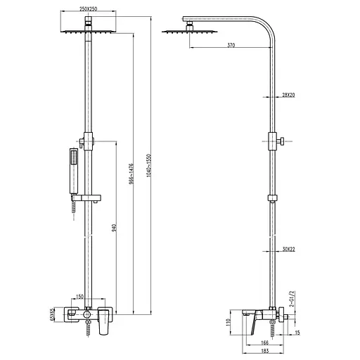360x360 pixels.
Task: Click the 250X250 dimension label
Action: coord(88,9)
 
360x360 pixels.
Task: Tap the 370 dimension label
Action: coord(231,45)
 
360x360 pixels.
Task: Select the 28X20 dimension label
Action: coord(288,95)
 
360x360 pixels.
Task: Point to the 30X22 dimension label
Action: coord(288,249)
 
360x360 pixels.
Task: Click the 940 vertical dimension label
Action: coord(114,228)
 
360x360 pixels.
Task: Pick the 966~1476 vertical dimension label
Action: coord(131,174)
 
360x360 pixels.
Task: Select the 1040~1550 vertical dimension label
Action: coord(149,165)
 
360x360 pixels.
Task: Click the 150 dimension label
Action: coord(79,297)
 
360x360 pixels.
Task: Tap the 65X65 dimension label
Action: coord(52,314)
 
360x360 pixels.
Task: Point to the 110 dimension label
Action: coord(229,322)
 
